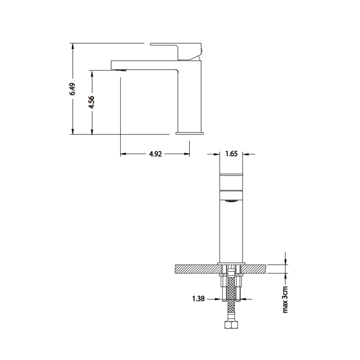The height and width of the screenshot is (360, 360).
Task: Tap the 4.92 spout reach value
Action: pos(155,154)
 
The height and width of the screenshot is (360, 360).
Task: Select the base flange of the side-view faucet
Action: pos(189,133)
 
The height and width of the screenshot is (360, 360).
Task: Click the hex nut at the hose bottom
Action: pos(231,326)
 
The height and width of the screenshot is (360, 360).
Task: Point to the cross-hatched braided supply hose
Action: pos(231,297)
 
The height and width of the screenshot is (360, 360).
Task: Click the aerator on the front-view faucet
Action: pos(231,201)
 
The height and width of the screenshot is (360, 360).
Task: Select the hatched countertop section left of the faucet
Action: pos(193,269)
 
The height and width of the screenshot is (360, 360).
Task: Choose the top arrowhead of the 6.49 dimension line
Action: pos(72,45)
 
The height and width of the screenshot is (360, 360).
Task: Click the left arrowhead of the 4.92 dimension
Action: pos(123,154)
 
